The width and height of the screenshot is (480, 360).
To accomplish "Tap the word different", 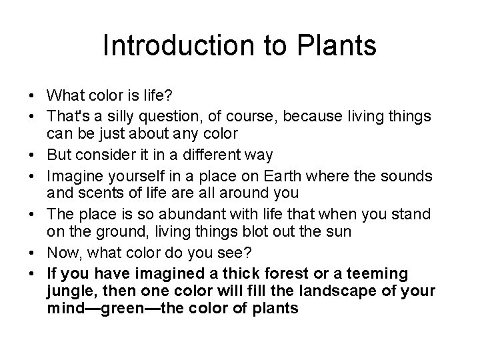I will click(x=213, y=155).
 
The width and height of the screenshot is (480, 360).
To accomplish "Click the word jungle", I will click(x=69, y=292).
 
